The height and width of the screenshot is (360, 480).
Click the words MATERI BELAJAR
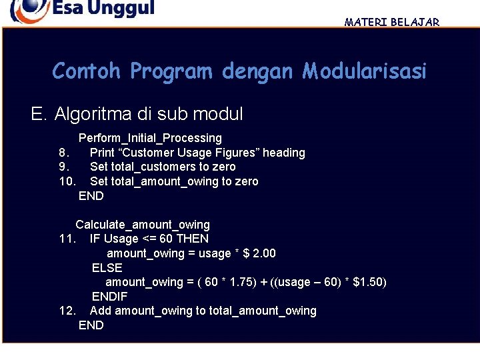click(x=392, y=22)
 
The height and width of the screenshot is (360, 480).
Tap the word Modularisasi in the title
click(x=364, y=71)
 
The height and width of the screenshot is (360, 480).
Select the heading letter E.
click(x=38, y=115)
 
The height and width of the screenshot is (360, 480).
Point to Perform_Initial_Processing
click(x=150, y=138)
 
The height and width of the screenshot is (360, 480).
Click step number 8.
click(x=64, y=153)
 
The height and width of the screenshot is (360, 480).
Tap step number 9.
click(x=64, y=167)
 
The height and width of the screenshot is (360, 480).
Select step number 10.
click(x=67, y=181)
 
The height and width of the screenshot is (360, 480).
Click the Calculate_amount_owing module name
click(x=143, y=225)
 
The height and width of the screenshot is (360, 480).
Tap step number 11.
click(x=67, y=239)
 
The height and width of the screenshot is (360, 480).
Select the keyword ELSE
click(x=107, y=268)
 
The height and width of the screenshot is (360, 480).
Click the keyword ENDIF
click(x=110, y=297)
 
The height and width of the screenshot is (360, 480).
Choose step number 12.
click(x=67, y=311)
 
